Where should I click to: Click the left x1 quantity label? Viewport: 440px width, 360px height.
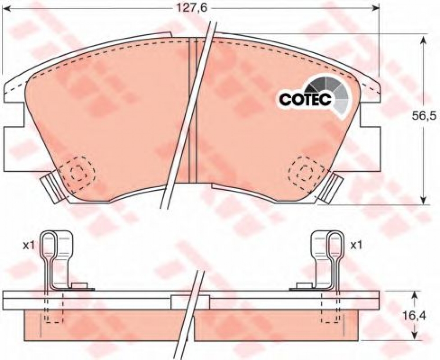pos(28,246)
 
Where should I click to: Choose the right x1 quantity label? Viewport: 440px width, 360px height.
pos(356,246)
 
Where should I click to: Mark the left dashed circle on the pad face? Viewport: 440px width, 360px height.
pos(78,172)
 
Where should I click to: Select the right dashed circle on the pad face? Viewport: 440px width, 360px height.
pos(307,172)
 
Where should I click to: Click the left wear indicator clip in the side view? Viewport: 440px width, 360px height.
pos(56,261)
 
